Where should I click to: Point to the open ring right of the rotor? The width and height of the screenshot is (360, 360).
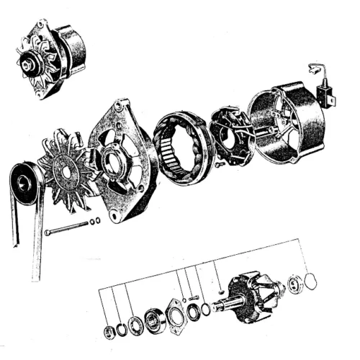click(x=310, y=280)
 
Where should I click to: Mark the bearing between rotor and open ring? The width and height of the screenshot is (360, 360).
click(x=294, y=284)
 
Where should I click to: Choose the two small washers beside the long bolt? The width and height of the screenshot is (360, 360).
click(x=94, y=222)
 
